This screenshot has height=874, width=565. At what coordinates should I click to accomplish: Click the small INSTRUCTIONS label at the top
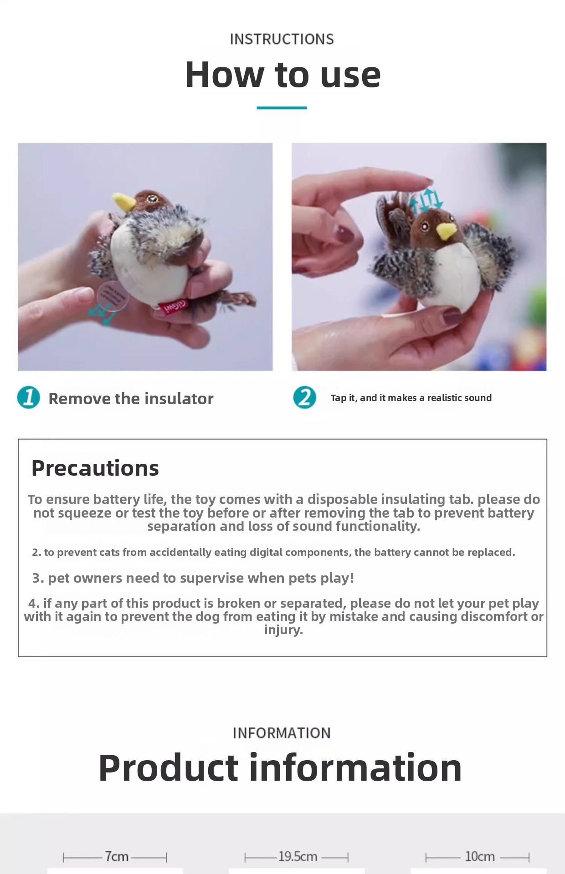point(282,39)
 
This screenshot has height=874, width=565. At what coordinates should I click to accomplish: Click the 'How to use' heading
point(282,75)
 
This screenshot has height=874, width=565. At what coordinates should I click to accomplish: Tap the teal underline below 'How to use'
point(282,108)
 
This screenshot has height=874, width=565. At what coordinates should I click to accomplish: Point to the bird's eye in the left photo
point(152,198)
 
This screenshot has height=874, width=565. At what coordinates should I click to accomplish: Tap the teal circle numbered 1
point(29,397)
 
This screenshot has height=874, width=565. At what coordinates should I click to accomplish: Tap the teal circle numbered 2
point(304,397)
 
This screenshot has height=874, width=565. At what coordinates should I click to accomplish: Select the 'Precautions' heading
point(95,468)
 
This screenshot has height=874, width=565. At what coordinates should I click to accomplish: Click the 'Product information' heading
point(280,768)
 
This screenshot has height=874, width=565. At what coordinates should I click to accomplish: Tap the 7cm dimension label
point(117,857)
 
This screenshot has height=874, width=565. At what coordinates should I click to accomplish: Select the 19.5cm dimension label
point(298,857)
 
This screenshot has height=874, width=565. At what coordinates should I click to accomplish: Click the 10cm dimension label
point(480,857)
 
